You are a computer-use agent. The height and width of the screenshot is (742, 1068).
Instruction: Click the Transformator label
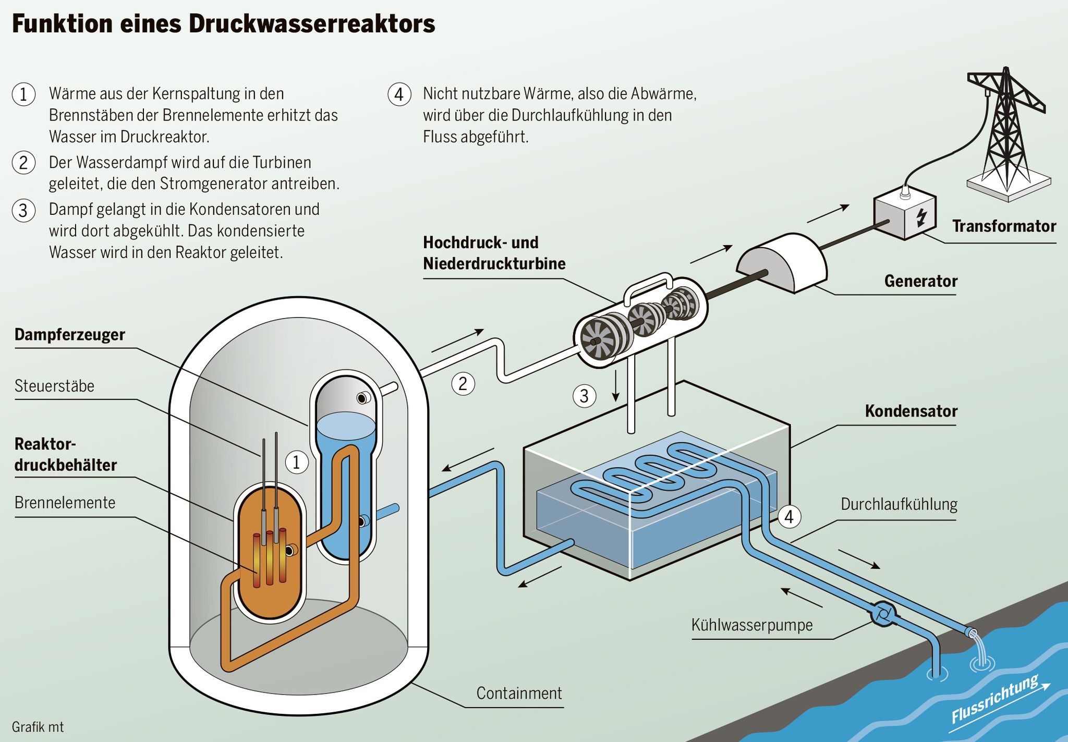pyautogui.click(x=1004, y=226)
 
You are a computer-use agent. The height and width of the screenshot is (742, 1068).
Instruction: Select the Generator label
pyautogui.click(x=920, y=282)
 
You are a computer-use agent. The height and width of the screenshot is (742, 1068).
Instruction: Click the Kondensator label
pyautogui.click(x=911, y=411)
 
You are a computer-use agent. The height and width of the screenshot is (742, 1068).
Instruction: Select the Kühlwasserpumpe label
pyautogui.click(x=752, y=625)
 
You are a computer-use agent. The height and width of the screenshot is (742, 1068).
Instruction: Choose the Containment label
pyautogui.click(x=519, y=694)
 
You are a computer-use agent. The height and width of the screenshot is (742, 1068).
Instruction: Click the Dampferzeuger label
pyautogui.click(x=70, y=335)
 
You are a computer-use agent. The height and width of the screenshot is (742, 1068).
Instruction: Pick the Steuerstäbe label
pyautogui.click(x=54, y=386)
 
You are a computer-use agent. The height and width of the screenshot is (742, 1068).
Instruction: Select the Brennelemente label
pyautogui.click(x=65, y=503)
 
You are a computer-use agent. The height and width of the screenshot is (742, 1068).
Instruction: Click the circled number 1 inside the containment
pyautogui.click(x=297, y=463)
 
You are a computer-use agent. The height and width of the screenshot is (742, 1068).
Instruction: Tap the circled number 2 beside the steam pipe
pyautogui.click(x=463, y=384)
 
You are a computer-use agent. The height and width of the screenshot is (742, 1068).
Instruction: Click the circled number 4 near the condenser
pyautogui.click(x=789, y=517)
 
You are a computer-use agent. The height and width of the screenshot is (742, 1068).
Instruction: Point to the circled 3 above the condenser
pyautogui.click(x=585, y=396)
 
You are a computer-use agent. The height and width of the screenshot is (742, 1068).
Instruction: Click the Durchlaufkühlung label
pyautogui.click(x=899, y=505)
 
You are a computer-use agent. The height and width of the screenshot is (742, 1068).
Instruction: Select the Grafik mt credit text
pyautogui.click(x=38, y=727)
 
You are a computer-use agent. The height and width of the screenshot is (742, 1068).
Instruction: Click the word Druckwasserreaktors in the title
pyautogui.click(x=312, y=24)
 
